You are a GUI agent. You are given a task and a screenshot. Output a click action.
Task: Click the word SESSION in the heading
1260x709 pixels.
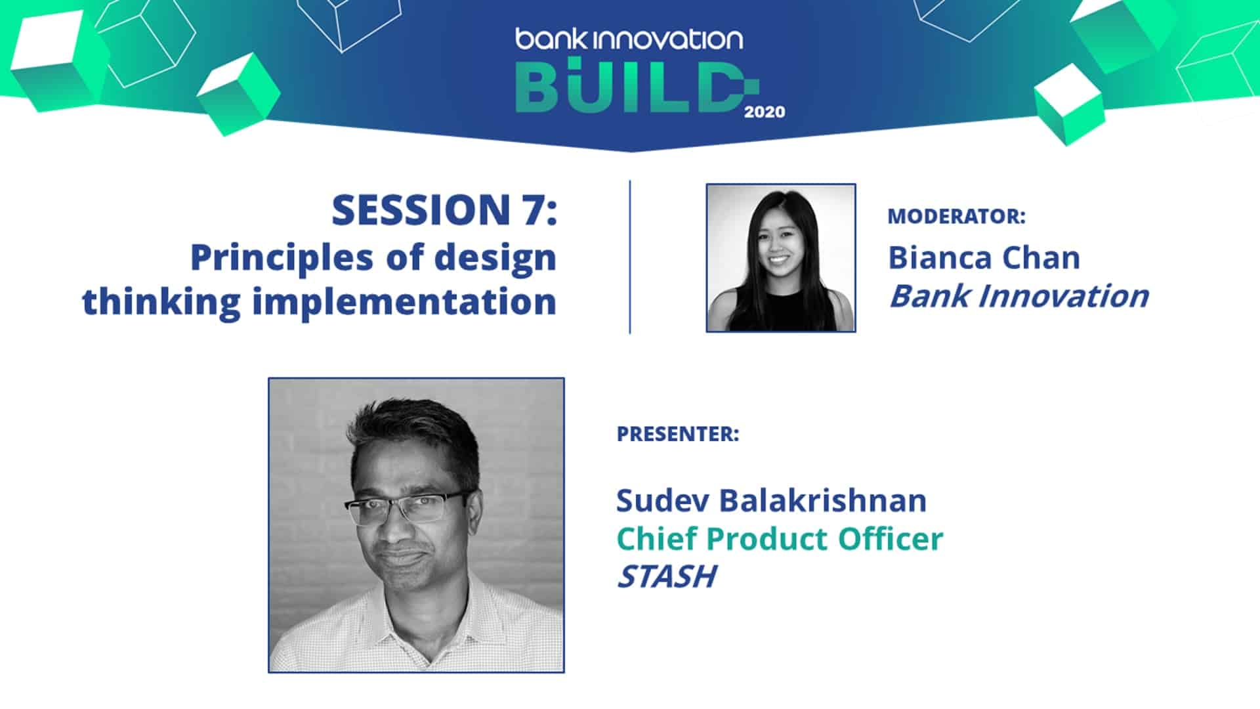pyautogui.click(x=417, y=211)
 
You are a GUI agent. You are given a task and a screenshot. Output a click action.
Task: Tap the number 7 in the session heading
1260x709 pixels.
pyautogui.click(x=528, y=211)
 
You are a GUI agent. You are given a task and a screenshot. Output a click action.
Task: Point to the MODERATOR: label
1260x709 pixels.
pyautogui.click(x=956, y=217)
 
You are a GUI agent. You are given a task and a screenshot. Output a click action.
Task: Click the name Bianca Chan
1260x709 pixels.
pyautogui.click(x=984, y=258)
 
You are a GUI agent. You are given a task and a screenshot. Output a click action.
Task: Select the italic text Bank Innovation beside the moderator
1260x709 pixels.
pyautogui.click(x=1018, y=296)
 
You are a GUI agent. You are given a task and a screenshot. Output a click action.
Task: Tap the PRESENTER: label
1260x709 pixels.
pyautogui.click(x=678, y=434)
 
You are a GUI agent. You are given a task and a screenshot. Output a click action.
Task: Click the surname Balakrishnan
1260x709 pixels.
pyautogui.click(x=823, y=501)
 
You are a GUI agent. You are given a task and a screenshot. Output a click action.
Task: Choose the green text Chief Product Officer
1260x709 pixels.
pyautogui.click(x=780, y=539)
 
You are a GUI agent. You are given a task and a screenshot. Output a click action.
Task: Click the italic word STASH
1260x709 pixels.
pyautogui.click(x=666, y=577)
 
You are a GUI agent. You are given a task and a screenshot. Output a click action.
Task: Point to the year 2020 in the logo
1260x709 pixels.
pyautogui.click(x=765, y=112)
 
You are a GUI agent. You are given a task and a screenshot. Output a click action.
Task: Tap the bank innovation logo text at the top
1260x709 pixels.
pyautogui.click(x=629, y=39)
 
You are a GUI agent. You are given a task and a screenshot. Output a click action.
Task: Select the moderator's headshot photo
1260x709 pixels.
pyautogui.click(x=780, y=258)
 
